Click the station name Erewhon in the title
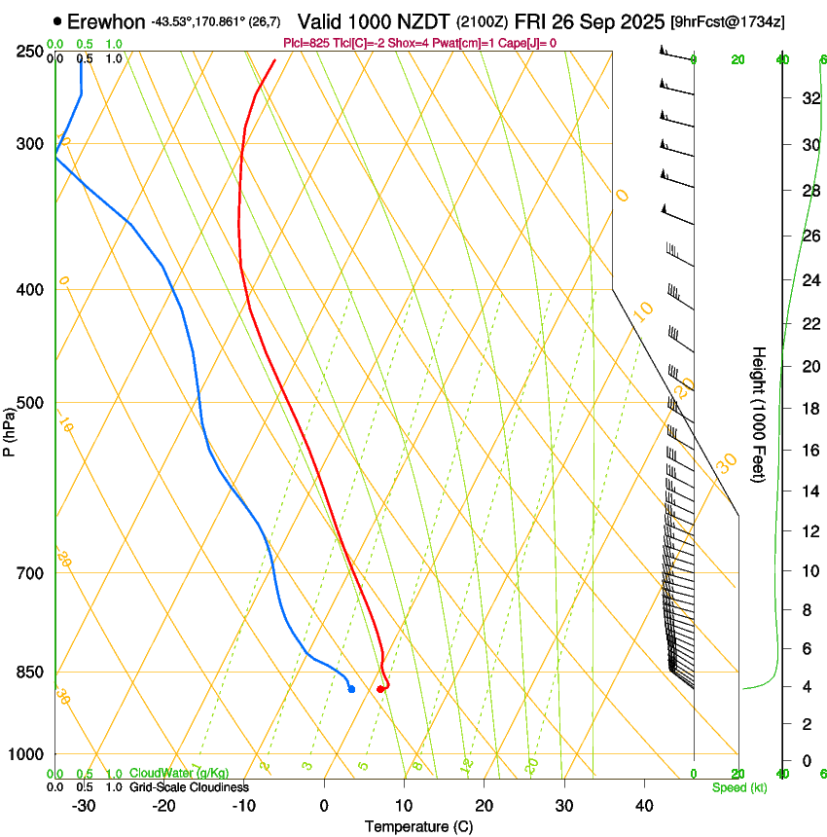pos(107,21)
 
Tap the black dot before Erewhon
pos(58,21)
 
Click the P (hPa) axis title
pos(9,429)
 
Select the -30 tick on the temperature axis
pos(84,806)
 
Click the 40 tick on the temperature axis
pos(643,806)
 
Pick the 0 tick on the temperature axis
pos(325,806)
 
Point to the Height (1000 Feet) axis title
pos(760,414)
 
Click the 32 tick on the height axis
pos(809,97)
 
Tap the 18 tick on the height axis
pos(809,408)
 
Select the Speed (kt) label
pos(739,787)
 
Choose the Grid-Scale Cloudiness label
pos(189,786)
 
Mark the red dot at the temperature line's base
pos(380,689)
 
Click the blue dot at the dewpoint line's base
pos(351,689)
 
